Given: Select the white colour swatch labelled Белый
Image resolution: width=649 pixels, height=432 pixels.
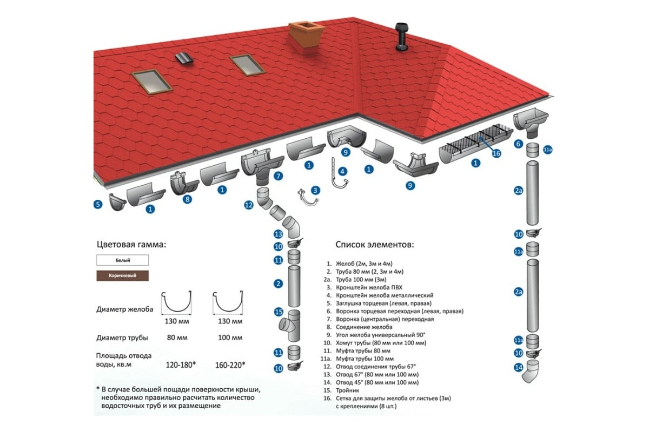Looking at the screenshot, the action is pos(123,260).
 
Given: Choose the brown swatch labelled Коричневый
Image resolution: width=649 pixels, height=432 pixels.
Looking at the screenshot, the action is pos(123,275).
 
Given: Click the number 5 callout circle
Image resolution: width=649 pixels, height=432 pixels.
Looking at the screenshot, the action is pos(98,204).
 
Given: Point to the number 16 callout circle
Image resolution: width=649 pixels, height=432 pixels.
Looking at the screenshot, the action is pos(496,153).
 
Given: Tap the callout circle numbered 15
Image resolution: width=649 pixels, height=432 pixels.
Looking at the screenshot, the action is pos(279,312).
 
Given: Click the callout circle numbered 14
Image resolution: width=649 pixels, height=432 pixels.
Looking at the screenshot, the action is pos(518,368).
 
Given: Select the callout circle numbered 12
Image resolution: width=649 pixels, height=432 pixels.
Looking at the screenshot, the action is pos(249,205).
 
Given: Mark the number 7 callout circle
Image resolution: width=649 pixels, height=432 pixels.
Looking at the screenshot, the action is pos(278,176).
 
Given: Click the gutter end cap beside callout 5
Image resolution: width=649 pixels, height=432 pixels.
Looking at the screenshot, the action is pos(117,201).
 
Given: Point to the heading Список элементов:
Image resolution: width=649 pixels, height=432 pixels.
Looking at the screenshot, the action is pos(375,245).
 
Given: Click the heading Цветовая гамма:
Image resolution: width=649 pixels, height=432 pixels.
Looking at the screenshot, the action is pos(131,245).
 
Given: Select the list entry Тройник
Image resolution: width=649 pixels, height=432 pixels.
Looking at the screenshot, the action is pos(347,390).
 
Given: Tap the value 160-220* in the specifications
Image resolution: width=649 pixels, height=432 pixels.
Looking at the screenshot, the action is pos(230,365).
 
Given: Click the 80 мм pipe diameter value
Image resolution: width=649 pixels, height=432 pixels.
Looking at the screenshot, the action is pos(177,337).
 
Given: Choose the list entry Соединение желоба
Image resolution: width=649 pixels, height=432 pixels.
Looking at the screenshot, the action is pos(364,327).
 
